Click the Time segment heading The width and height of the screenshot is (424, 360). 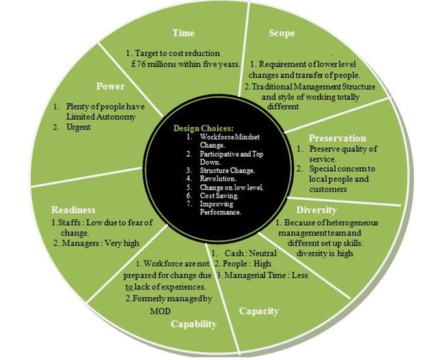tap(183, 32)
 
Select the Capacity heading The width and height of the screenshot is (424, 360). tap(258, 311)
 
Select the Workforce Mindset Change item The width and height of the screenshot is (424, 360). tap(221, 140)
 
